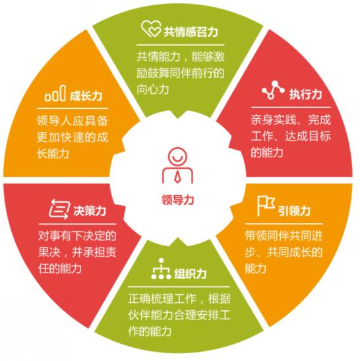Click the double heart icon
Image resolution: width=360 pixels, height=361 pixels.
click(x=151, y=28)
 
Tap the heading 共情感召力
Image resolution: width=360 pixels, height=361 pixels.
click(x=191, y=32)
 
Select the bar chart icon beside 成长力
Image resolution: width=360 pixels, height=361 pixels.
click(x=55, y=93)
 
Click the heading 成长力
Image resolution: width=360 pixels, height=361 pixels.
click(x=86, y=96)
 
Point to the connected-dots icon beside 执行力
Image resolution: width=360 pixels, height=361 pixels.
click(x=273, y=90)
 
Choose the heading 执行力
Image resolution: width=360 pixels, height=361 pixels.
click(x=305, y=94)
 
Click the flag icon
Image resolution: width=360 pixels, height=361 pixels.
click(x=266, y=206)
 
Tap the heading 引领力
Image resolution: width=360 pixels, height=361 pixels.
click(x=295, y=211)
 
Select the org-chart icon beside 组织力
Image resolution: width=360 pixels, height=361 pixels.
click(x=161, y=269)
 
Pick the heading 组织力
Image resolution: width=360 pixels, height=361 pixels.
click(x=191, y=274)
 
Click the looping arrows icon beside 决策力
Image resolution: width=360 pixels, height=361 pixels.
click(x=59, y=209)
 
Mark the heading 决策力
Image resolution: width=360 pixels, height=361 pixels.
click(x=90, y=211)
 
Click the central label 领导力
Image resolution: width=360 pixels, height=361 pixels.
click(x=177, y=199)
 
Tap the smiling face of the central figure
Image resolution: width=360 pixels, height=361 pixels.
click(x=177, y=156)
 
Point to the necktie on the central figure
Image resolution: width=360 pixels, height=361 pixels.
click(x=177, y=177)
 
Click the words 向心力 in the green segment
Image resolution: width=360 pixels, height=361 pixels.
click(x=153, y=89)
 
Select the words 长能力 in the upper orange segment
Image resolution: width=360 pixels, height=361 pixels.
click(x=53, y=153)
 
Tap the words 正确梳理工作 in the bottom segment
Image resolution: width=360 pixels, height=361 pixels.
click(x=163, y=298)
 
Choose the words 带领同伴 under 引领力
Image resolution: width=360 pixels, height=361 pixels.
click(x=267, y=236)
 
